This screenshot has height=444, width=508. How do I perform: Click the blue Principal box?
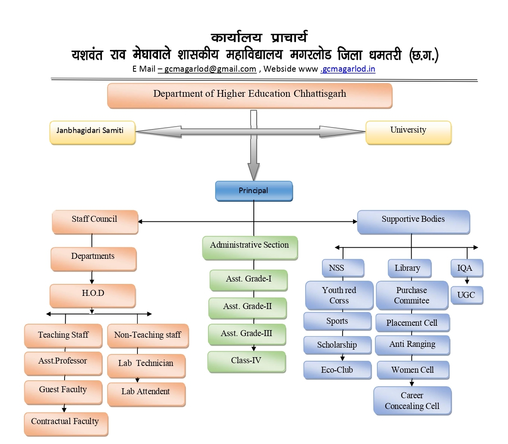click(254, 191)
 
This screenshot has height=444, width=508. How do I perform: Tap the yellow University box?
click(408, 132)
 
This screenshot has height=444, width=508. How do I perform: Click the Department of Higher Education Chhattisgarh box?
click(250, 95)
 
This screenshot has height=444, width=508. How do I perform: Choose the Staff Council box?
click(95, 221)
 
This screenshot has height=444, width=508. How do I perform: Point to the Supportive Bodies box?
click(413, 221)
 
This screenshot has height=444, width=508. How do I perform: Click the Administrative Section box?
click(250, 247)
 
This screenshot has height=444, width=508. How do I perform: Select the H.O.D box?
click(93, 295)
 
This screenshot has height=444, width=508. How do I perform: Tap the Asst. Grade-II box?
click(247, 307)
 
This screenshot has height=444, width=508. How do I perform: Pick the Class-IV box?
click(246, 361)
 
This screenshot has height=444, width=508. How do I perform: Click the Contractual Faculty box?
click(65, 423)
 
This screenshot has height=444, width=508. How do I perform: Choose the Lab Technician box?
click(146, 365)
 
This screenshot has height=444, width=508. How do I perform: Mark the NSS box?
click(343, 268)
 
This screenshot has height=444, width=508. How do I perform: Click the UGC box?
click(467, 295)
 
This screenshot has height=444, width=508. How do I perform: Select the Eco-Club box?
click(337, 370)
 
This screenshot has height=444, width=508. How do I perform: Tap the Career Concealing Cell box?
click(412, 400)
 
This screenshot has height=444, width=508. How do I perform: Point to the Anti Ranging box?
click(412, 345)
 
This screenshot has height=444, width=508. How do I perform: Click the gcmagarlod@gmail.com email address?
click(210, 69)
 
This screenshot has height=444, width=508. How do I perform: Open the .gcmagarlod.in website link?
click(348, 69)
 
